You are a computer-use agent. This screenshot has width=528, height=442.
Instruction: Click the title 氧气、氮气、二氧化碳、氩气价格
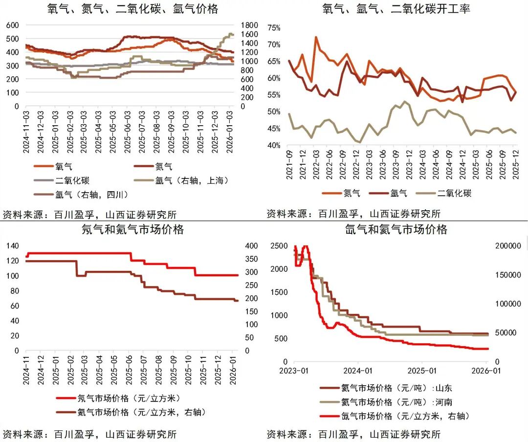click(x=133, y=9)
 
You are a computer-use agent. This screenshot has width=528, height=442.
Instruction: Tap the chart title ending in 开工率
click(x=396, y=9)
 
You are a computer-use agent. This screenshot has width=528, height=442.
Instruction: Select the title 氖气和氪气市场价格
click(x=133, y=229)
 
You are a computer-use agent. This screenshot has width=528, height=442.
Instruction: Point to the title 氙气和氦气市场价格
click(x=396, y=229)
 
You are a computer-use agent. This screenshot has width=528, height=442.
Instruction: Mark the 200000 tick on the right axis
click(x=510, y=246)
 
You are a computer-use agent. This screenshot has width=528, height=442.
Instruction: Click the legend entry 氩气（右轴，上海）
click(x=192, y=180)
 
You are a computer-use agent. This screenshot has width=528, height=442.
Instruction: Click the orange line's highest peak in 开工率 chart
click(x=316, y=37)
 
